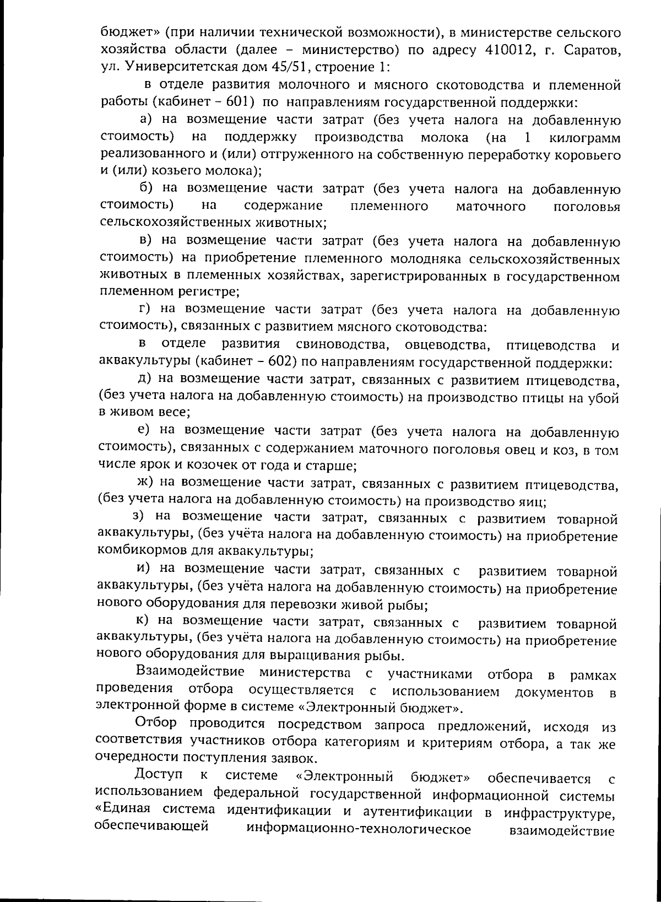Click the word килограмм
[x=584, y=137]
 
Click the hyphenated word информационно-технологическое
[x=359, y=829]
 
